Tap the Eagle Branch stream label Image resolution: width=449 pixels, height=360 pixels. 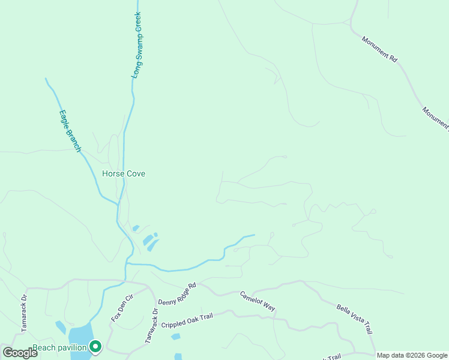[x=70, y=131]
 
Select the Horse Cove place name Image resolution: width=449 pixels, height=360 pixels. [x=124, y=174]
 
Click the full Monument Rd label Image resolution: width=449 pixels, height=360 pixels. [x=379, y=49]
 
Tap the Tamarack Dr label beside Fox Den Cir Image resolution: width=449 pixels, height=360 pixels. [x=151, y=326]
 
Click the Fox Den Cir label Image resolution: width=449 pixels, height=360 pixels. [x=121, y=308]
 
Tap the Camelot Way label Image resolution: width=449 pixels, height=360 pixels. [x=258, y=301]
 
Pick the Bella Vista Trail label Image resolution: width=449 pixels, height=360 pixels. [x=355, y=319]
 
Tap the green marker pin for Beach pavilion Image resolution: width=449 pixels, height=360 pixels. [x=95, y=346]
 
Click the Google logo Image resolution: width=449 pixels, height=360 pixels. [x=20, y=353]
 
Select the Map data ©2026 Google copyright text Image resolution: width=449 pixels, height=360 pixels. [x=412, y=355]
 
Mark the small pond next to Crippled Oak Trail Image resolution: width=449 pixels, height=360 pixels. [x=175, y=337]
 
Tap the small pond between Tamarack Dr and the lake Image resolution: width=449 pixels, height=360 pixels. [x=61, y=327]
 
